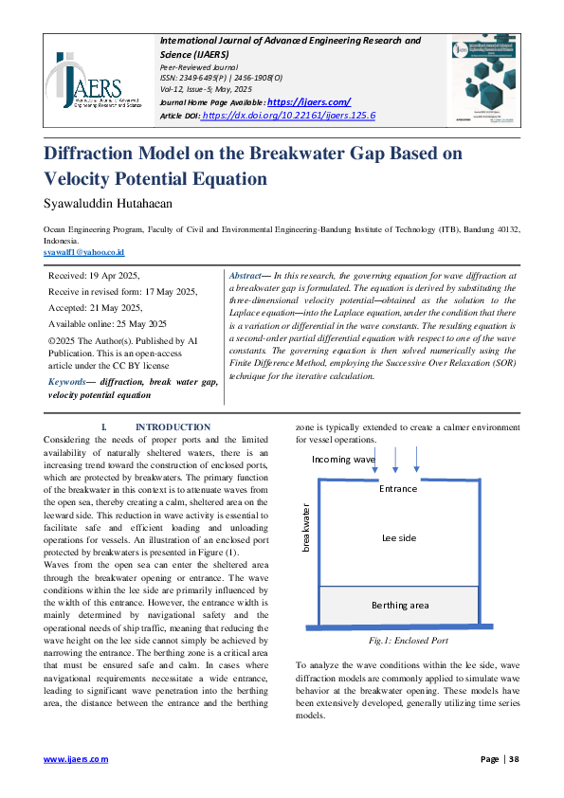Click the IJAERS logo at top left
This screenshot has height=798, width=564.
point(96,80)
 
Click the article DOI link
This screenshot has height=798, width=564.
point(289,115)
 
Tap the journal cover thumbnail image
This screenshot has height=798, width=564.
point(484,80)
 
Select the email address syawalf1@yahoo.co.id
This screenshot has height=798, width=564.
point(84,253)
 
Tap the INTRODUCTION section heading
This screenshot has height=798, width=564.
point(173,427)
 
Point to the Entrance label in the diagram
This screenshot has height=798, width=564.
point(398,489)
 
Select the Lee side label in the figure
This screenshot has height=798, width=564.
point(399,537)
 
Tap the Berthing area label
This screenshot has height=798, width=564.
point(399,605)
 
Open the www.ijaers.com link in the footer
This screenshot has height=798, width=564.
point(76,759)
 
